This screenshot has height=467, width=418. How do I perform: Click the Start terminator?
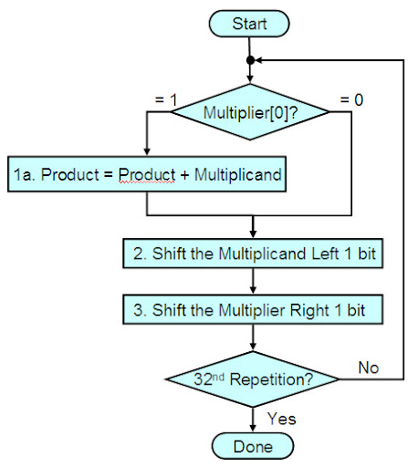[x=249, y=24]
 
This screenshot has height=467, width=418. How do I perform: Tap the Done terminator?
[x=253, y=446]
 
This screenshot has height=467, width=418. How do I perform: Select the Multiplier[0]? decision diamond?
[x=250, y=112]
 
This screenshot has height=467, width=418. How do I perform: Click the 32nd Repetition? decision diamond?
[x=253, y=379]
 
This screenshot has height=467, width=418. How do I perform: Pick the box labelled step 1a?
[x=147, y=174]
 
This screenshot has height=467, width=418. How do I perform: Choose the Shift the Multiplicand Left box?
[x=253, y=254]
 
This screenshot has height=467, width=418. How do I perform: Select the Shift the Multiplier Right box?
[x=253, y=309]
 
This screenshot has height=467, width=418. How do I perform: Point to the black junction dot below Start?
[x=250, y=60]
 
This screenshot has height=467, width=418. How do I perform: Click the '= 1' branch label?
[x=166, y=99]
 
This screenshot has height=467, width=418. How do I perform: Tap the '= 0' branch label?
[x=351, y=99]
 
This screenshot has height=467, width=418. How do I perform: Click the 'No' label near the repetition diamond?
[x=369, y=368]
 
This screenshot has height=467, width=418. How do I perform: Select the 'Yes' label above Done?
[x=282, y=419]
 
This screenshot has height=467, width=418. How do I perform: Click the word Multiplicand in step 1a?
[x=237, y=175]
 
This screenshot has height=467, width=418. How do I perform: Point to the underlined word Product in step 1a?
[x=147, y=175]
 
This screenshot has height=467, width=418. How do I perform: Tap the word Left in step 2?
[x=325, y=254]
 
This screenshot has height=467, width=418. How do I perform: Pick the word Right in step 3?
[x=309, y=310]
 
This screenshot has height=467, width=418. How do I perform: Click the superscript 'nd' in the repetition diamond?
[x=218, y=377]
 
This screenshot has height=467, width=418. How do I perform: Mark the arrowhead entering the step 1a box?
[x=147, y=152]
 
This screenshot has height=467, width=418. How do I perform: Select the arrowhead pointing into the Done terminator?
[x=253, y=428]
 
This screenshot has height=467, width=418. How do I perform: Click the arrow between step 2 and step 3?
[x=253, y=281]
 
